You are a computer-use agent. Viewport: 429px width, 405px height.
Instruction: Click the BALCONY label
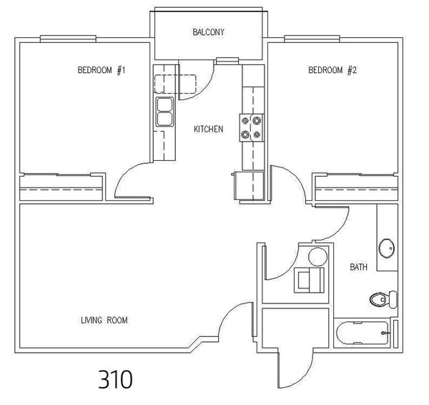(209, 32)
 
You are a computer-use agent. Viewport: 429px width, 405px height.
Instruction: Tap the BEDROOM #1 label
(102, 70)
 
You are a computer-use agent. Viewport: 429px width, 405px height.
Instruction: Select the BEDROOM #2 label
(332, 70)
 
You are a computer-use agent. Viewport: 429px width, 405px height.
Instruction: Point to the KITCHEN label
(209, 129)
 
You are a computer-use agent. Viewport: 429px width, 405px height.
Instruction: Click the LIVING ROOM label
(104, 320)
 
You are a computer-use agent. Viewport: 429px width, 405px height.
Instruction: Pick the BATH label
(359, 267)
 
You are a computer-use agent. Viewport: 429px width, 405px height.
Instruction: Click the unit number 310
(115, 379)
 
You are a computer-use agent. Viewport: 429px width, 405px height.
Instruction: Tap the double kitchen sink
(164, 112)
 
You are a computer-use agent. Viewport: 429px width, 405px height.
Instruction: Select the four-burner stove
(252, 128)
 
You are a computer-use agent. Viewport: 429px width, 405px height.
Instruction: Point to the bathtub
(363, 333)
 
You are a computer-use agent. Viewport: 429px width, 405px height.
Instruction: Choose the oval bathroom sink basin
(387, 248)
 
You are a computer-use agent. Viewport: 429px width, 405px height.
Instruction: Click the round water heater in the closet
(318, 257)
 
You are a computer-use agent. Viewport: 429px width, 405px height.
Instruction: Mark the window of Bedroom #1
(68, 39)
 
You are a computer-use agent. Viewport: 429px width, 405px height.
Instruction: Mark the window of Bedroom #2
(312, 39)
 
